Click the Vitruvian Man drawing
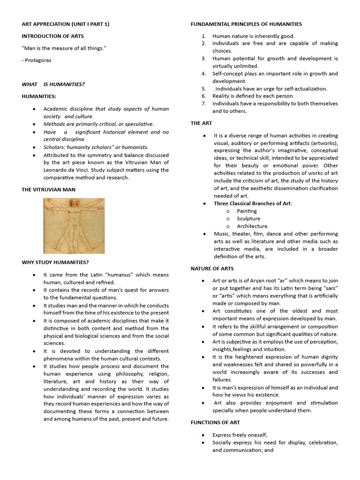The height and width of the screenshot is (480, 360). (74, 226)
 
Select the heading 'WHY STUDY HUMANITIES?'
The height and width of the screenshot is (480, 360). (55, 262)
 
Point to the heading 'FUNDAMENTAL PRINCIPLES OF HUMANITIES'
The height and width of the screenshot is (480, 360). (246, 24)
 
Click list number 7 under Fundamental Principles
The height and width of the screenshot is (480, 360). (204, 104)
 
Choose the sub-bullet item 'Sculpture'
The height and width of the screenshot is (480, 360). (248, 218)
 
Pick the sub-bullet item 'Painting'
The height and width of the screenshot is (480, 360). (247, 211)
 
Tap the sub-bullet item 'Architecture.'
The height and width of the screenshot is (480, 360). (253, 226)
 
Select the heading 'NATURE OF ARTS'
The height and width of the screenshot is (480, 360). (212, 269)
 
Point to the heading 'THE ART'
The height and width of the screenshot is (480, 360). (201, 123)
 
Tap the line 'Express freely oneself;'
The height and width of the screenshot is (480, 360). (240, 435)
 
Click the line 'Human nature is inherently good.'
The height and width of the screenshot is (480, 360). (253, 36)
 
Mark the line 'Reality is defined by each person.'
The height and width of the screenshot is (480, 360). (254, 96)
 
